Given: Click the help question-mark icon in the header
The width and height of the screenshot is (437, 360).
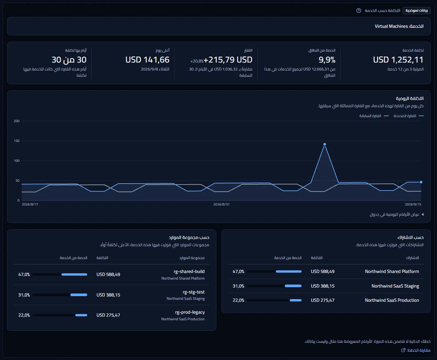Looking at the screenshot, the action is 358,11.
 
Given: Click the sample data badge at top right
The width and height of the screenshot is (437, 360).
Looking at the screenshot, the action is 417,11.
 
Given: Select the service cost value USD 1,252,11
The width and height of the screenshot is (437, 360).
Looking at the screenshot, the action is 398,60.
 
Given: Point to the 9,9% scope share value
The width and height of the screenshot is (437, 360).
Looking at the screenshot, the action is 327,60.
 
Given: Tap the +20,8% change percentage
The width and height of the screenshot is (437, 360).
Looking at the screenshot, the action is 197,61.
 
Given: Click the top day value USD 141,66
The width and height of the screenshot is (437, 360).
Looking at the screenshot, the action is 147,60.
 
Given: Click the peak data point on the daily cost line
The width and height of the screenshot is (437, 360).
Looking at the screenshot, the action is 325,144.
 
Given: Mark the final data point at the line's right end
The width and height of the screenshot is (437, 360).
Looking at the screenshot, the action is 421,182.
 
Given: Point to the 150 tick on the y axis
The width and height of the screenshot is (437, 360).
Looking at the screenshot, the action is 17,141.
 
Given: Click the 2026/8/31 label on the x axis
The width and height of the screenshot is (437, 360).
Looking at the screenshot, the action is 221,204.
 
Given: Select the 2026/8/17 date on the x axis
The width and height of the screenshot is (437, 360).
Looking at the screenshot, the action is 30,204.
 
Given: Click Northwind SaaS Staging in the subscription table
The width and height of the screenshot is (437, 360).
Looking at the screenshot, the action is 395,286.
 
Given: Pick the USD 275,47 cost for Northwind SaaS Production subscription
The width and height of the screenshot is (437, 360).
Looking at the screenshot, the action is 323,300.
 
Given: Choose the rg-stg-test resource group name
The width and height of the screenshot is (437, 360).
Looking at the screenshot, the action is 194,292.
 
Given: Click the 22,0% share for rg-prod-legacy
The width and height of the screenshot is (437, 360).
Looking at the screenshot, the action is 24,315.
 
